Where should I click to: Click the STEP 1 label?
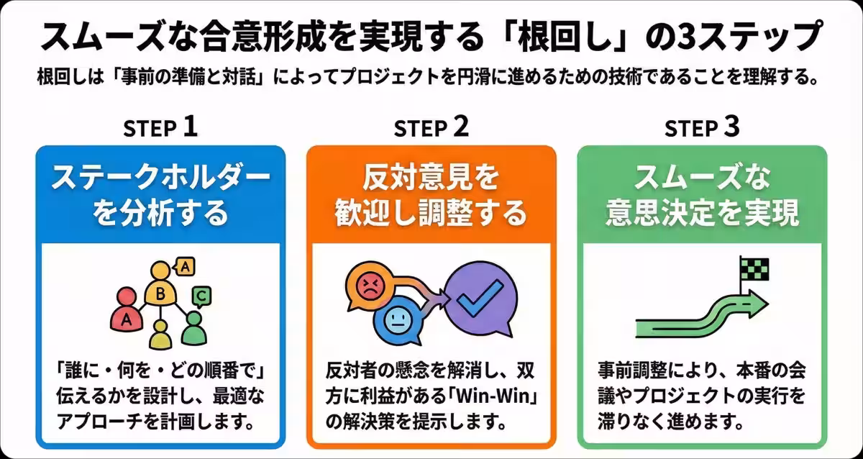[x=160, y=128]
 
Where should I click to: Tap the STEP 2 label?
[x=431, y=128]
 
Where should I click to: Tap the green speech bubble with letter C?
[x=202, y=295]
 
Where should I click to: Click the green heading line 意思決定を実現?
[x=703, y=213]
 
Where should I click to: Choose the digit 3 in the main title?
[x=690, y=36]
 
